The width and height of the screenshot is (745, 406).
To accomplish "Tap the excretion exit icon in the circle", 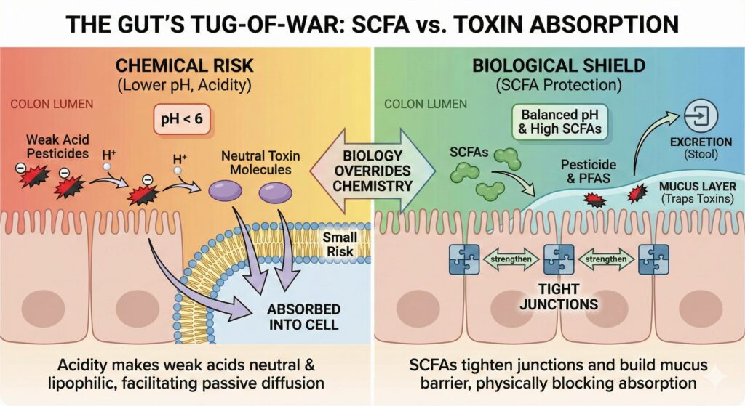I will [x=700, y=116].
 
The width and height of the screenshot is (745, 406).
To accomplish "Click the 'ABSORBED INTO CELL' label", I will [x=304, y=317].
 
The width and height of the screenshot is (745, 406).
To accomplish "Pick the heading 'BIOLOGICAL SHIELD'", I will [x=558, y=66].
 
